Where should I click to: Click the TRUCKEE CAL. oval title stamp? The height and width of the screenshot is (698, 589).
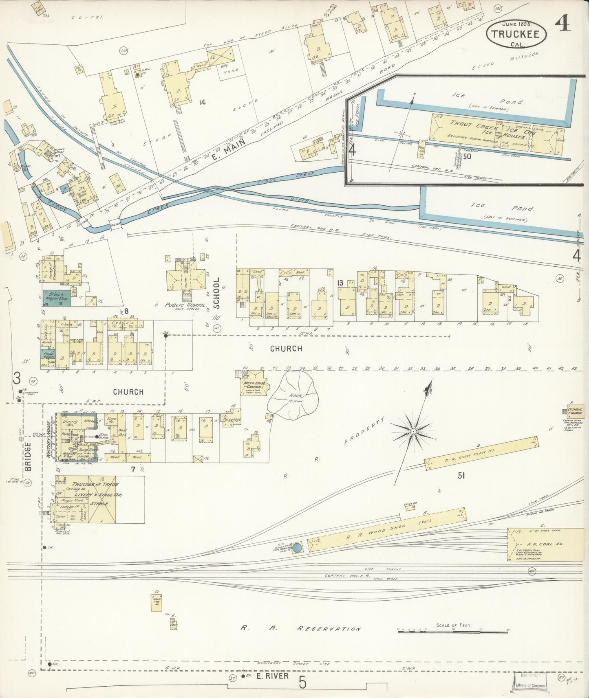coord(515,34)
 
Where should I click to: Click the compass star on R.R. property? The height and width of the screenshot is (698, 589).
coord(413,431)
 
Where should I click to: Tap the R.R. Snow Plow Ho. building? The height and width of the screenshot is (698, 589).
coord(481,453)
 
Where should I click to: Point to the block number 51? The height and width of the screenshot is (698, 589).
coord(461,475)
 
